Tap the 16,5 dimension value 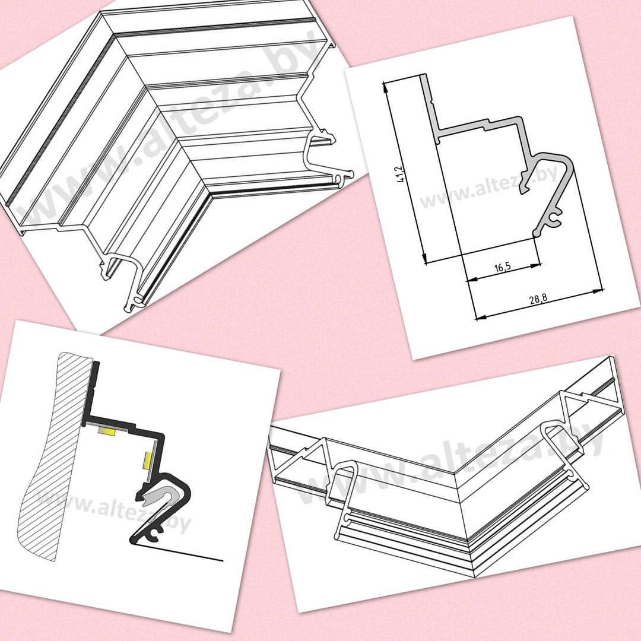[503, 268]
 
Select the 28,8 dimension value [538, 299]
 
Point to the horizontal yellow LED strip [106, 431]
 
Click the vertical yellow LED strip [147, 461]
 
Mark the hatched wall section [54, 454]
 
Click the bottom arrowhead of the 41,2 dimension [424, 258]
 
